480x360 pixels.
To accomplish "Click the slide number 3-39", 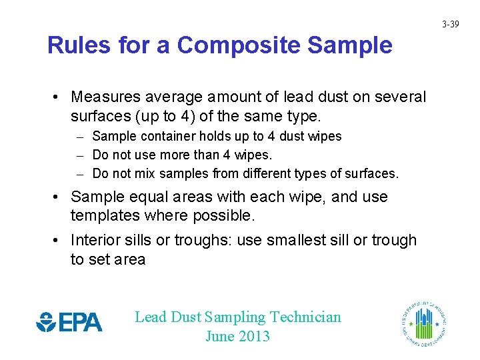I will point(451,25).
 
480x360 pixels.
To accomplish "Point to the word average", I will point(169,97).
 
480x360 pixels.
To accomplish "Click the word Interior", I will point(97,240).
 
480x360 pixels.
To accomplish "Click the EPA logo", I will point(69,322).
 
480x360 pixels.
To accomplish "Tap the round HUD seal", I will point(424,322).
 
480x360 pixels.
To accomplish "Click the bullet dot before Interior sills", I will point(59,240).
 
